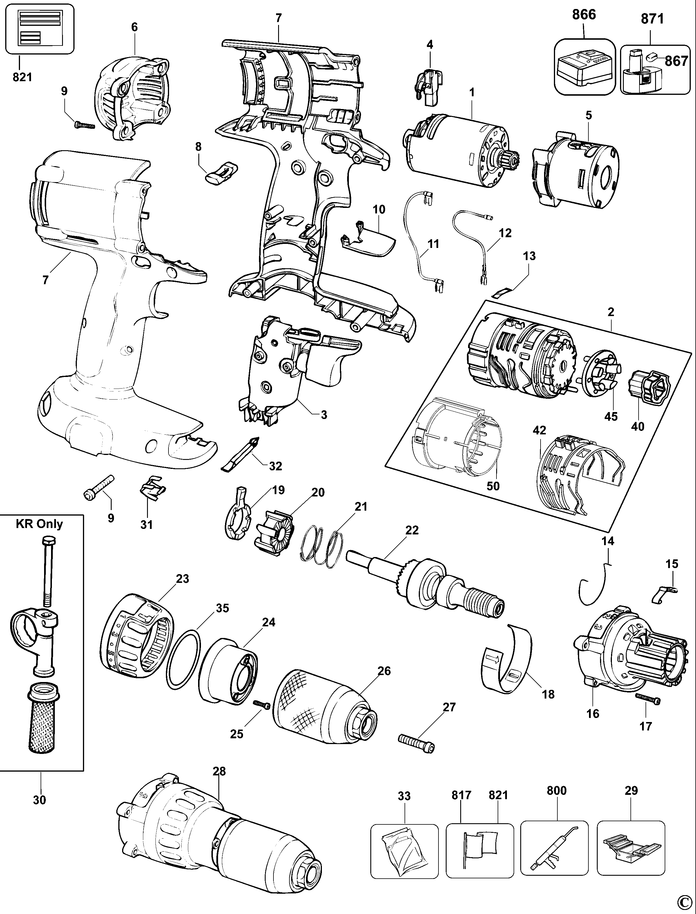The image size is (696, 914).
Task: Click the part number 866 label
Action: pyautogui.click(x=584, y=14)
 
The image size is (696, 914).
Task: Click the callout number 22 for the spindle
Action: pyautogui.click(x=412, y=530)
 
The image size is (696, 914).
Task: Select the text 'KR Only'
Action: pyautogui.click(x=39, y=524)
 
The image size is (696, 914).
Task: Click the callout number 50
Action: pyautogui.click(x=493, y=486)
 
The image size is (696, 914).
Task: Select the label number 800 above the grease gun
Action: pyautogui.click(x=557, y=790)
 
